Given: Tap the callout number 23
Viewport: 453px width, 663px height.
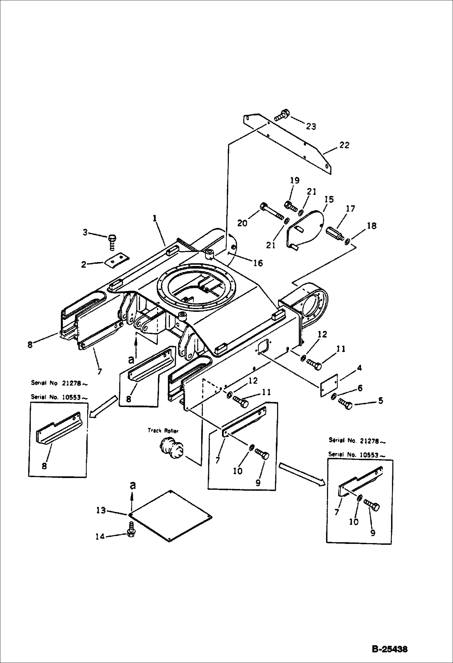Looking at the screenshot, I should (311, 126).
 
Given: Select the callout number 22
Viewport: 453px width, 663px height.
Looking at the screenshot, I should (344, 145).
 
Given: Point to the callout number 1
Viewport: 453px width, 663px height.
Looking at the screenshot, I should (155, 218).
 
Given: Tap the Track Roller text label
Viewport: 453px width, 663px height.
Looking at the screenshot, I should (163, 431).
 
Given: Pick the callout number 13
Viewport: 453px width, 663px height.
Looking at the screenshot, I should (101, 510).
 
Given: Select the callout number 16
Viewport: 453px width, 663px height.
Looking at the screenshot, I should (258, 263).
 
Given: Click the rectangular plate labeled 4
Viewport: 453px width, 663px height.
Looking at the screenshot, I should (329, 384).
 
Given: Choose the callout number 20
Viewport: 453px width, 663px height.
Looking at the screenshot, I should (242, 223).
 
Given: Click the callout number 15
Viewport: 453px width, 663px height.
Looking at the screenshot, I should (329, 199).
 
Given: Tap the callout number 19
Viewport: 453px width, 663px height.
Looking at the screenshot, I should (295, 181).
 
